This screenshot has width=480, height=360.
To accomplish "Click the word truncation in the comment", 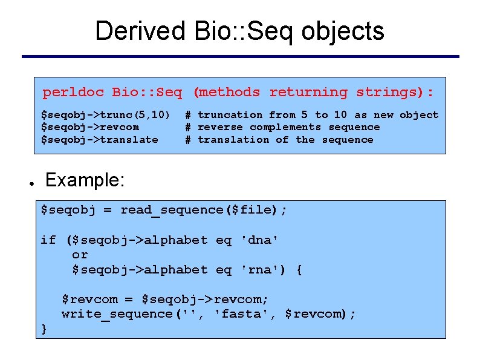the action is point(230,115).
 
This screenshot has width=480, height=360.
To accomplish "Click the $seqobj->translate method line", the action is point(99,140).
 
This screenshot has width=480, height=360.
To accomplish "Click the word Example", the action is point(85,180).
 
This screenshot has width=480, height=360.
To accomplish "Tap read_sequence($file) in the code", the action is point(199,210).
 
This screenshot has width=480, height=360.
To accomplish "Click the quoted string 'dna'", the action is point(259,240).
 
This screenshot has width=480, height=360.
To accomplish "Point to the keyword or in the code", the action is point(80,255).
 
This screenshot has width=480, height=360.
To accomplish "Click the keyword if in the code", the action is point(48,240).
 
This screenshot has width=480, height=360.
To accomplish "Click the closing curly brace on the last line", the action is point(44,329).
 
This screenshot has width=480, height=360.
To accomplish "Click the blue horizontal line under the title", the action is point(240,57).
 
